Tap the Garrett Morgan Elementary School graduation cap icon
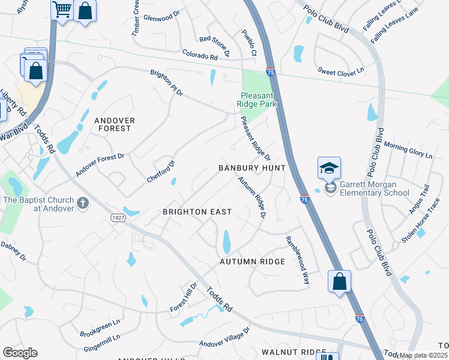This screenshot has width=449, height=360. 329,169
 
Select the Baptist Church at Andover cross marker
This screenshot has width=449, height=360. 83,204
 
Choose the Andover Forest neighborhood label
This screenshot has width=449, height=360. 114,124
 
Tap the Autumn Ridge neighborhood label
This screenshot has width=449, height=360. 252,262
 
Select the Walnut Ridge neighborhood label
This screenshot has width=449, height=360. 285,352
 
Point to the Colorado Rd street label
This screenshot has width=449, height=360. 199,56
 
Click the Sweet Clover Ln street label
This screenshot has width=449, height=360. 341,71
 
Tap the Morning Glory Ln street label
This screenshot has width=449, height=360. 408,150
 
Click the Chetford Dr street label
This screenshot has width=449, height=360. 161,172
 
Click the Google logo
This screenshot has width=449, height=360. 20,353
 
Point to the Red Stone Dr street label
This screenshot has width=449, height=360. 215,46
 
